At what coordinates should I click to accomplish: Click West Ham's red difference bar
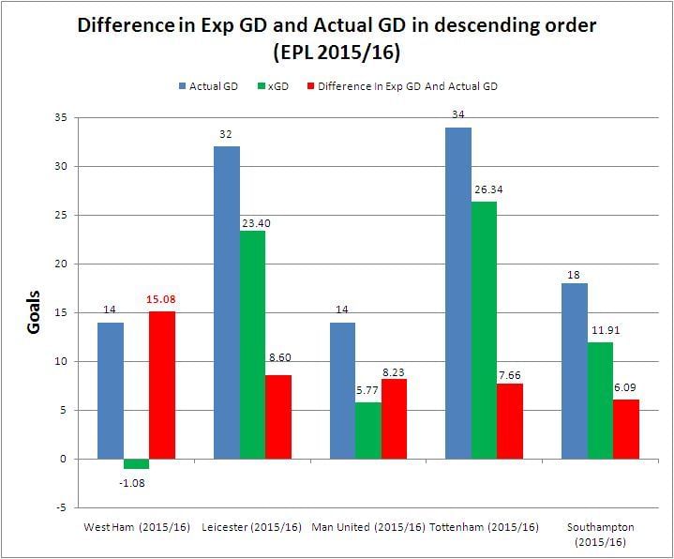[161, 385]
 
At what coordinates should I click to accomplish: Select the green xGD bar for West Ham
[136, 463]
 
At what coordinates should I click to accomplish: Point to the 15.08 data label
[161, 300]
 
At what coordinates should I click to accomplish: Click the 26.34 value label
[485, 191]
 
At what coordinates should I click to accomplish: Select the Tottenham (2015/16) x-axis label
[485, 527]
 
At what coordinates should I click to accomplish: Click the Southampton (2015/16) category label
[600, 535]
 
